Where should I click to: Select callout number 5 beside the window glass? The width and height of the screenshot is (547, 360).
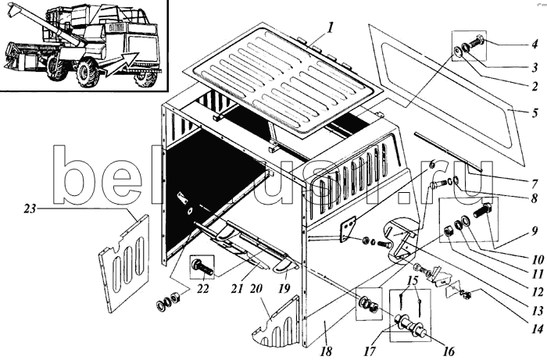coord(534,113)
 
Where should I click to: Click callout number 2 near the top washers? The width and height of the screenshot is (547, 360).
coord(534,87)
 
